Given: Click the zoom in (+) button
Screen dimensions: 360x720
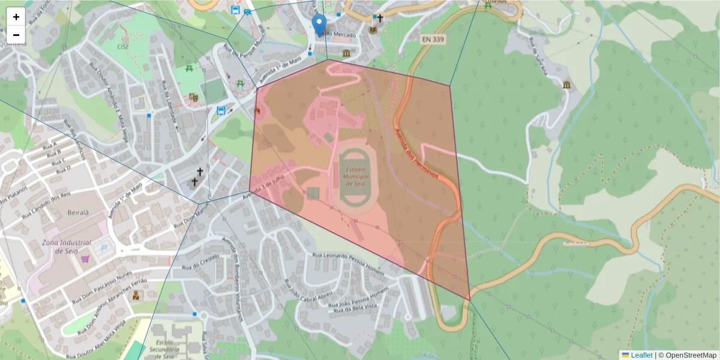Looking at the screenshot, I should pos(16,17).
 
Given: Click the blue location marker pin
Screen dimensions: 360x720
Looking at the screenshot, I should pos(320,25).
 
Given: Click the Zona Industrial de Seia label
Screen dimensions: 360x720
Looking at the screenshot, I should pos(66,247).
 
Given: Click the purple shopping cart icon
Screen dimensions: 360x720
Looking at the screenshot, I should pos(86,259).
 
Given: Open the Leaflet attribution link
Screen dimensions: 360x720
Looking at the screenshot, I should pos(641,355).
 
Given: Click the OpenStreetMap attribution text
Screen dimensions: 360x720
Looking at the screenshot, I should pos(687,355).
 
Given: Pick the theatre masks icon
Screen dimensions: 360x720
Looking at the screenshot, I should pos(193,97).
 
